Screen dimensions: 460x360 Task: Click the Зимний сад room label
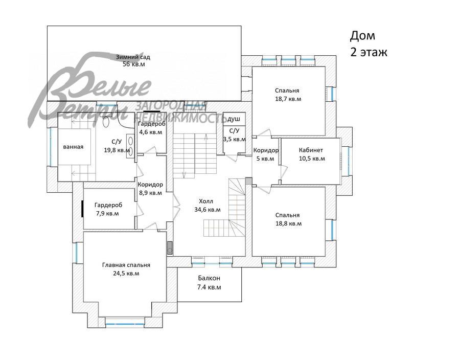pyautogui.click(x=133, y=57)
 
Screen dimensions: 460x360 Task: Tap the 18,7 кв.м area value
pyautogui.click(x=288, y=99)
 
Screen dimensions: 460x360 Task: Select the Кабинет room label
pyautogui.click(x=311, y=150)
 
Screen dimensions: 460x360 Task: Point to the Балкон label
pyautogui.click(x=209, y=278)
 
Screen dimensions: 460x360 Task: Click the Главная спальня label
pyautogui.click(x=126, y=265)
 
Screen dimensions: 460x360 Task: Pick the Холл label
pyautogui.click(x=206, y=201)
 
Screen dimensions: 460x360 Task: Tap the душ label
pyautogui.click(x=234, y=119)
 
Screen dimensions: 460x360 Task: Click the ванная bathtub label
pyautogui.click(x=73, y=147)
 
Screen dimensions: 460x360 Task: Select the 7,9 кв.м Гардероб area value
pyautogui.click(x=107, y=213)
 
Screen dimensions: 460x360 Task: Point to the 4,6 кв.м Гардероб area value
pyautogui.click(x=150, y=132)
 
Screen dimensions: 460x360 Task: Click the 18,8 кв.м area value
pyautogui.click(x=288, y=223)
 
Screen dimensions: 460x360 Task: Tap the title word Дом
pyautogui.click(x=362, y=36)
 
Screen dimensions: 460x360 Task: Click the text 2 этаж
pyautogui.click(x=369, y=52)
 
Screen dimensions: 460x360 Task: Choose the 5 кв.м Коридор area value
pyautogui.click(x=265, y=159)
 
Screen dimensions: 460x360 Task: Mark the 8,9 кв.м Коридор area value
pyautogui.click(x=150, y=193)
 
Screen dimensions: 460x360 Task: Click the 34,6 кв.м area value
pyautogui.click(x=208, y=210)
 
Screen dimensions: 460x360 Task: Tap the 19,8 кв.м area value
pyautogui.click(x=117, y=150)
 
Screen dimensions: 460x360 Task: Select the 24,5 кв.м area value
pyautogui.click(x=126, y=274)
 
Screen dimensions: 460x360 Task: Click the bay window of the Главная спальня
pyautogui.click(x=125, y=324)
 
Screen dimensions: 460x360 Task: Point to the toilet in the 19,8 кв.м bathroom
pyautogui.click(x=106, y=122)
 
